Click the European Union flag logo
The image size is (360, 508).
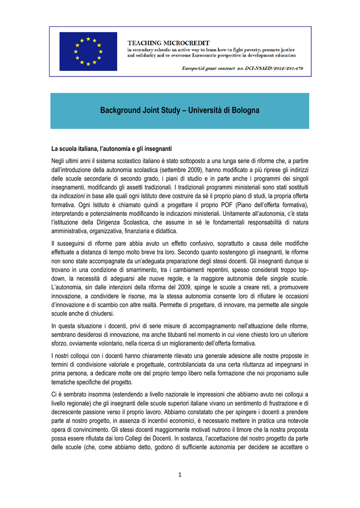coord(88,51)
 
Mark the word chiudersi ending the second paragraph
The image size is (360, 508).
coord(101,314)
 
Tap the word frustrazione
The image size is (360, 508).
coord(286,403)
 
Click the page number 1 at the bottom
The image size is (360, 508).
coord(180,475)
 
